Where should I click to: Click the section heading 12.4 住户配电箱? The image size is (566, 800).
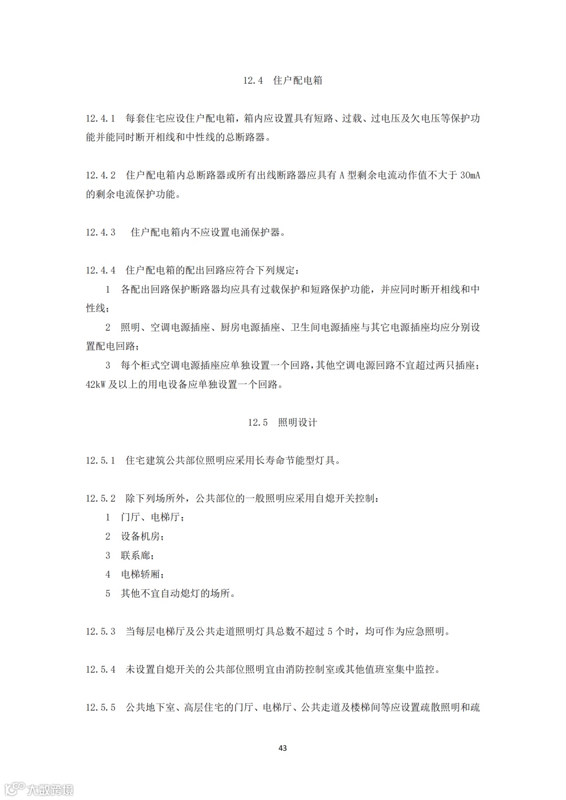pos(282,81)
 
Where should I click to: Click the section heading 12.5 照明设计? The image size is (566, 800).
pos(282,423)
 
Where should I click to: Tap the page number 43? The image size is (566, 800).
pos(282,748)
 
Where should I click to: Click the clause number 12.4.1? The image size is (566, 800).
pos(101,118)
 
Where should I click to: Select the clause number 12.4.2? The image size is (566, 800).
pos(101,176)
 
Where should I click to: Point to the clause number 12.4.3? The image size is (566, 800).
pos(101,233)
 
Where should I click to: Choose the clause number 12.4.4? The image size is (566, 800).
pos(101,270)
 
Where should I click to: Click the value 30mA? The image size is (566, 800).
pos(470,176)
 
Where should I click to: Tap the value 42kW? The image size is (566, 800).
pos(96,385)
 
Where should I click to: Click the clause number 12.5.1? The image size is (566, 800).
pos(101,461)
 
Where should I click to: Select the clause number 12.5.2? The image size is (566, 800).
pos(101,499)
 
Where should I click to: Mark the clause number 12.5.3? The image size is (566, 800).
pos(101,632)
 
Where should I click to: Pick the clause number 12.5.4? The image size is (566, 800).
pos(101,670)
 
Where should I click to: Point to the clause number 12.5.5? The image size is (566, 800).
pos(101,708)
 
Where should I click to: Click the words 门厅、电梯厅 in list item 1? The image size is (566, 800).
pos(152,518)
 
